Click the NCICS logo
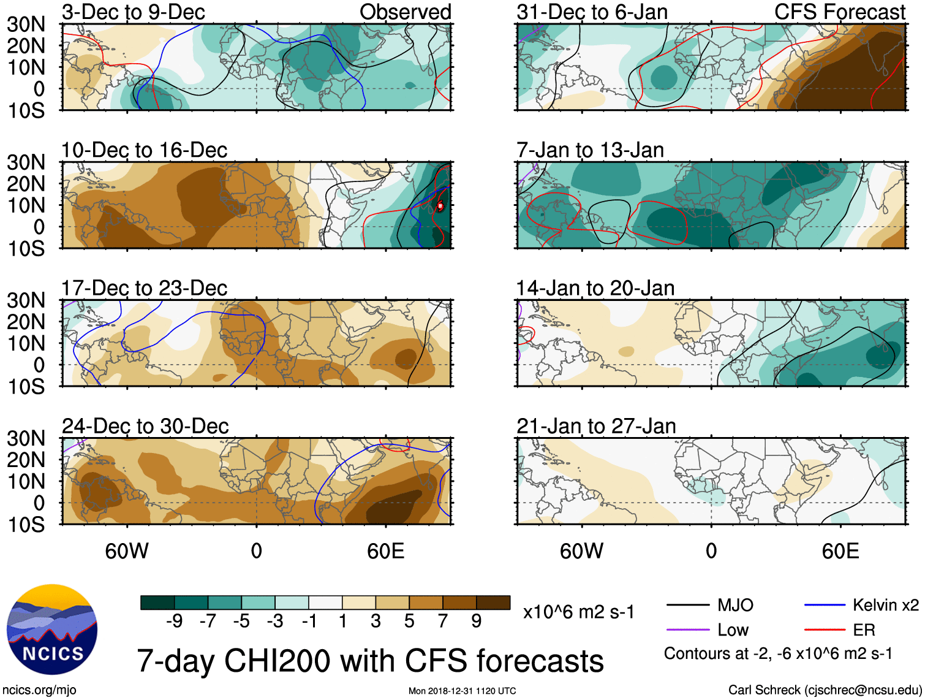[x=52, y=630]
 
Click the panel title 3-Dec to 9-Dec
[x=133, y=12]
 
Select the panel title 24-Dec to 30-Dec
[x=145, y=426]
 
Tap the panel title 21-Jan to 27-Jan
[x=596, y=426]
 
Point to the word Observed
[x=405, y=12]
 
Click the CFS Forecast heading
[x=839, y=12]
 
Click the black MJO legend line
[x=687, y=606]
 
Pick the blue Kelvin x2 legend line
[x=825, y=606]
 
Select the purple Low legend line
[x=687, y=630]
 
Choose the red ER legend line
[x=825, y=630]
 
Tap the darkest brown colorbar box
[x=493, y=603]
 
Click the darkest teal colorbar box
[x=157, y=603]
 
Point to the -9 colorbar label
[x=174, y=621]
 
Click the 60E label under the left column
[x=385, y=551]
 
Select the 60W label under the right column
[x=581, y=551]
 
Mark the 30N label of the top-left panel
[x=26, y=25]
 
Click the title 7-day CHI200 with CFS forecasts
[x=370, y=661]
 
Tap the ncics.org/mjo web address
[x=39, y=690]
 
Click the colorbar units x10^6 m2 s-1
[x=578, y=612]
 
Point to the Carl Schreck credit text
[x=825, y=690]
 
